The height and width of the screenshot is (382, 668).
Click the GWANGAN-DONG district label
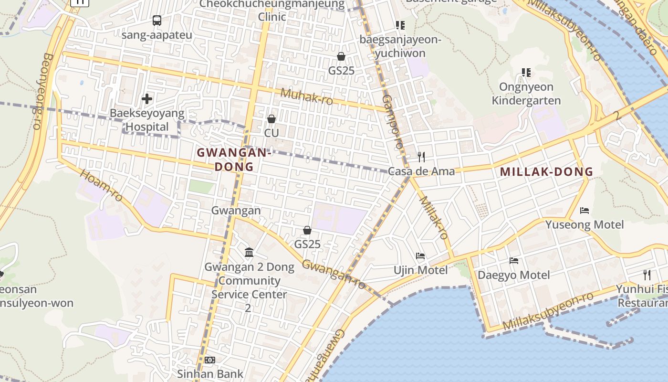point(234,159)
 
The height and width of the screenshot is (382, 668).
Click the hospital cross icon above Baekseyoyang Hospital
point(147,99)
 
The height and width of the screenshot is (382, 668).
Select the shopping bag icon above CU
point(271,118)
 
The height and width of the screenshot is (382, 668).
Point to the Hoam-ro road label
point(101,186)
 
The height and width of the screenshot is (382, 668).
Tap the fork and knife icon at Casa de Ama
point(421,157)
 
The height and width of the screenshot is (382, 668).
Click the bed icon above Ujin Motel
point(420,256)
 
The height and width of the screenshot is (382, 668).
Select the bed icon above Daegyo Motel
point(514,261)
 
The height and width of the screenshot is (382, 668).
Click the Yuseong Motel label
point(584,224)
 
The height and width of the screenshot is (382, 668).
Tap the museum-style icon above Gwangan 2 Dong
point(249,252)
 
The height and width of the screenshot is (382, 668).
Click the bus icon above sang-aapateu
point(157,21)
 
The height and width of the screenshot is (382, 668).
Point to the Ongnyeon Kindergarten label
point(526,94)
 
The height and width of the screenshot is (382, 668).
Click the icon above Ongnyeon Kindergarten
point(526,73)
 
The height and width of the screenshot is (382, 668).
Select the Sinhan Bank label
point(210,373)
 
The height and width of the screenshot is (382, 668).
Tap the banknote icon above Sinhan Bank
point(210,360)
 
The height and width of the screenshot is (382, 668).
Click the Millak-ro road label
point(434,218)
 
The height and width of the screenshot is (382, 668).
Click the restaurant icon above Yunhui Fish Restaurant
point(647,275)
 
